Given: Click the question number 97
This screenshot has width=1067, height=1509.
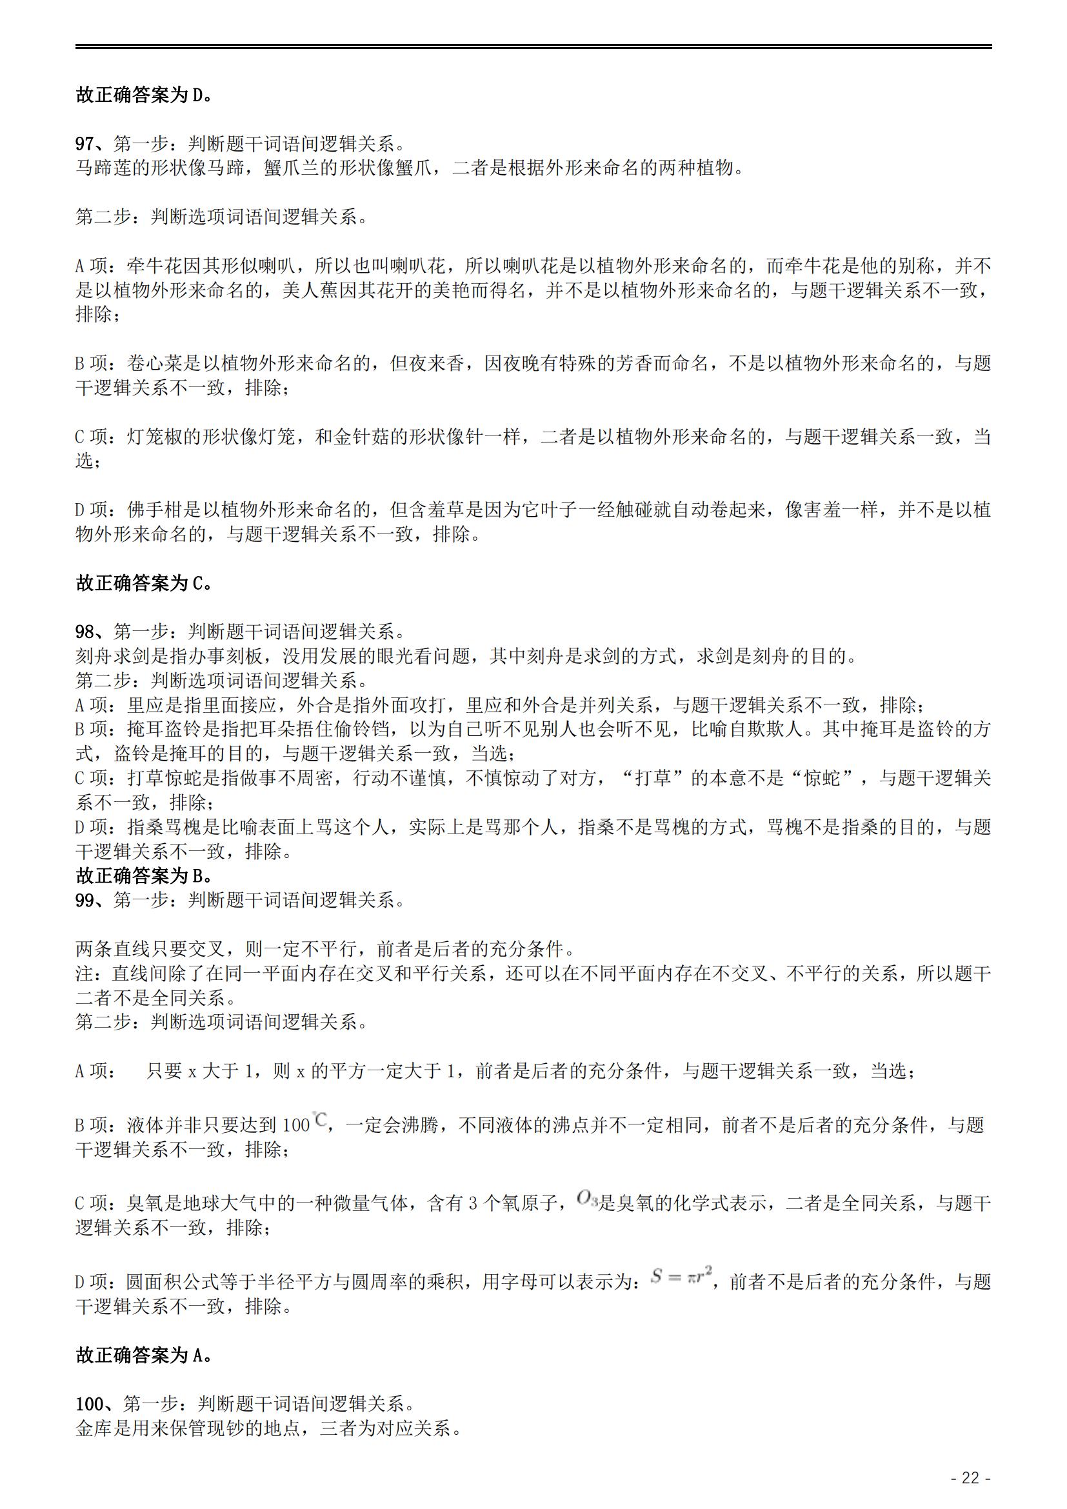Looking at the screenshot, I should point(85,143).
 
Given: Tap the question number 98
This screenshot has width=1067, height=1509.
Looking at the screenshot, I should point(85,632).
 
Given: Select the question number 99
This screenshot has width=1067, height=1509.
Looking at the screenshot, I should point(85,900).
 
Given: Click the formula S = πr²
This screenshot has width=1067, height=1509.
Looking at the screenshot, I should point(681,1277).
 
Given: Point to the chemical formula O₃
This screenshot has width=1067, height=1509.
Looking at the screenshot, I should point(586,1198).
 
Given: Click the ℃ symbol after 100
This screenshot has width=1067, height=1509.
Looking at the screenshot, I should point(321,1119).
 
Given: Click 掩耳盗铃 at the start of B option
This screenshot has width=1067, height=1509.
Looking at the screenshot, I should point(165,729).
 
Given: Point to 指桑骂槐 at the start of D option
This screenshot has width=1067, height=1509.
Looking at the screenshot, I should point(165,827).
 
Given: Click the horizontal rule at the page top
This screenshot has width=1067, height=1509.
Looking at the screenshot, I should point(533,46).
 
